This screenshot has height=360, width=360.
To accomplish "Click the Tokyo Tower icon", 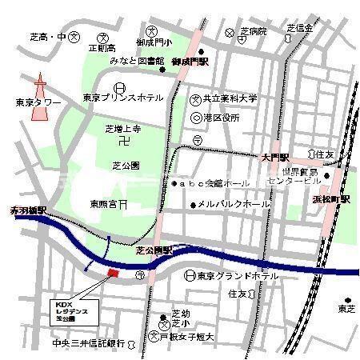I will click(38, 99).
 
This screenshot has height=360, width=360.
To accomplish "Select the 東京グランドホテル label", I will click(240, 275).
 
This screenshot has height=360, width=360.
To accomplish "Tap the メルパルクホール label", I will click(234, 205).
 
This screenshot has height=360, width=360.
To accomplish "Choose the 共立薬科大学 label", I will click(230, 98).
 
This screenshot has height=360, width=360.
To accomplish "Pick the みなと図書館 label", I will click(137, 61).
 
